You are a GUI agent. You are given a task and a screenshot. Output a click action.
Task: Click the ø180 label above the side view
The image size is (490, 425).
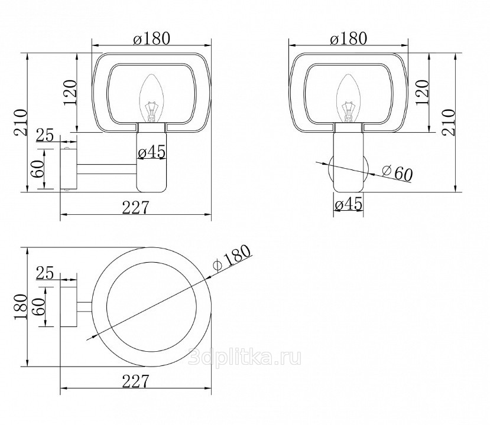151,39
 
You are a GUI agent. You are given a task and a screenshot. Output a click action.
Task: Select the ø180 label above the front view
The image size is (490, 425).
348,39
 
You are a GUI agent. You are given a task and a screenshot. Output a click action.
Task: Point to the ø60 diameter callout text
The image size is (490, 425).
397,173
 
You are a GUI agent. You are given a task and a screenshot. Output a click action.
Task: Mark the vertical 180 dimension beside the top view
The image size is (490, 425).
21,307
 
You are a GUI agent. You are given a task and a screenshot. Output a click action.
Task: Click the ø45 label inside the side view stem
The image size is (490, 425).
151,153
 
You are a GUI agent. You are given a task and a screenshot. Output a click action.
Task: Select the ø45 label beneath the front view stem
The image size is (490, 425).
348,204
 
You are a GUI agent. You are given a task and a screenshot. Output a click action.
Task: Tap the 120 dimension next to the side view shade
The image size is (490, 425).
70,93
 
